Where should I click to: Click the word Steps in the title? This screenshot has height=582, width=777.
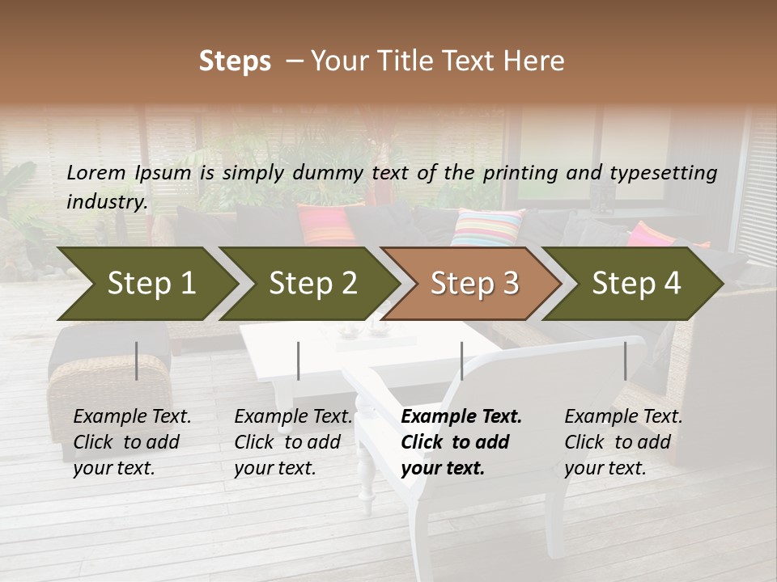click(x=235, y=61)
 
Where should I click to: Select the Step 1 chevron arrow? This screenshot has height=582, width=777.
click(x=146, y=283)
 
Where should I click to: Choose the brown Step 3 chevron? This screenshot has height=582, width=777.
click(x=473, y=283)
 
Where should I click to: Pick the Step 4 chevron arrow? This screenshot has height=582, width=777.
click(x=635, y=283)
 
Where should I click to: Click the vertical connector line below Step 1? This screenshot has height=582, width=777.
click(x=137, y=361)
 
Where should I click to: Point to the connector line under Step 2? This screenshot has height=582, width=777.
click(x=299, y=361)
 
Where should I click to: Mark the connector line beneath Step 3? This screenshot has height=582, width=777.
click(x=461, y=361)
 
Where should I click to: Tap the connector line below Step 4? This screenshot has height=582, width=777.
click(x=625, y=361)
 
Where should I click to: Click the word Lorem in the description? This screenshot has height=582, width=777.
click(x=96, y=172)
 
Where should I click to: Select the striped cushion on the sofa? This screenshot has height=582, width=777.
click(x=487, y=227)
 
